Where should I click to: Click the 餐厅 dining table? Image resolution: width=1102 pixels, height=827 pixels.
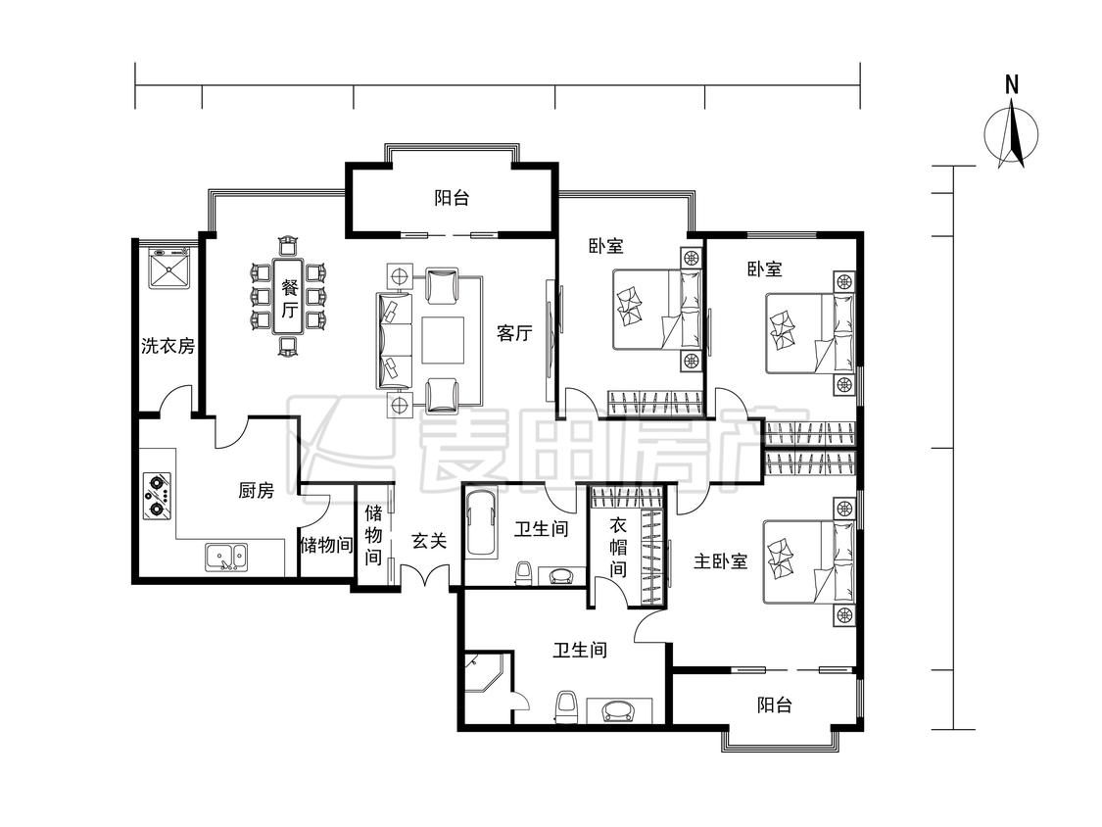click(290, 298)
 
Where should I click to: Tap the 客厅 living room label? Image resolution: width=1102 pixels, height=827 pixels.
click(514, 332)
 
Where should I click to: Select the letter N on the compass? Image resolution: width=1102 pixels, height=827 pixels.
click(1011, 85)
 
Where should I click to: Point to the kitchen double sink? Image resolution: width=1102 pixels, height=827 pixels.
click(225, 557)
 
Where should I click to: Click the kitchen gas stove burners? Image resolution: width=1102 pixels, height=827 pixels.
click(157, 496)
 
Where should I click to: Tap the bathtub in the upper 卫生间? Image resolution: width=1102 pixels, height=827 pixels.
click(481, 523)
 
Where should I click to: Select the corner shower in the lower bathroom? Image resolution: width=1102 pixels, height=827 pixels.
click(484, 672)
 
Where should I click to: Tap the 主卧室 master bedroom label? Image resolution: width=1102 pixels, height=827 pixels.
click(720, 561)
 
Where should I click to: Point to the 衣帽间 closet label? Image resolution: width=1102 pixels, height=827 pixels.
click(618, 547)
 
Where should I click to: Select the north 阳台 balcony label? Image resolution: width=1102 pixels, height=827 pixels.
click(452, 198)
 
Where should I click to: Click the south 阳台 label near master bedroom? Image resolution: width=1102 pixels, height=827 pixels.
click(775, 705)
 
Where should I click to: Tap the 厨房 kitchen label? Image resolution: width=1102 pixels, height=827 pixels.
click(256, 490)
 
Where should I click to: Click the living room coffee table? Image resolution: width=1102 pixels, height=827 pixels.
click(443, 340)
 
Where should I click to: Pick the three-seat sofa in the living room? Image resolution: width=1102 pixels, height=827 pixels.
click(395, 340)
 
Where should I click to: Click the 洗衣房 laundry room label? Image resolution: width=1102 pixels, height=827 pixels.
click(168, 346)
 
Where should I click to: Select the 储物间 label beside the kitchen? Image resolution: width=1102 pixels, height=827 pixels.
click(326, 544)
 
